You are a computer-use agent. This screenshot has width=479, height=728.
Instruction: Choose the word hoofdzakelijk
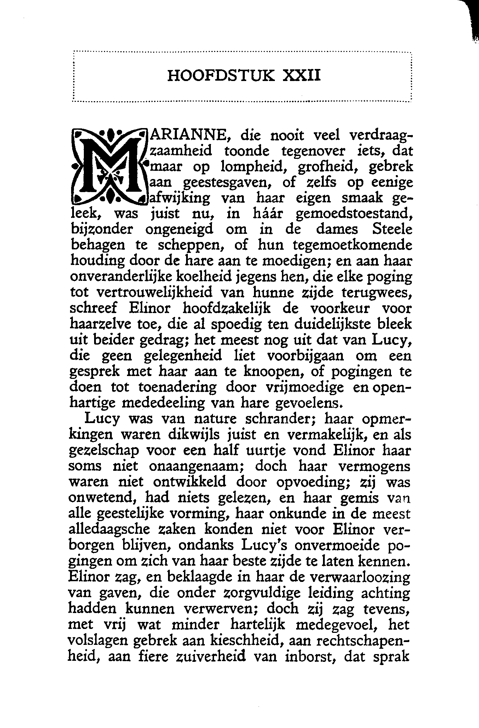(226, 308)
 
